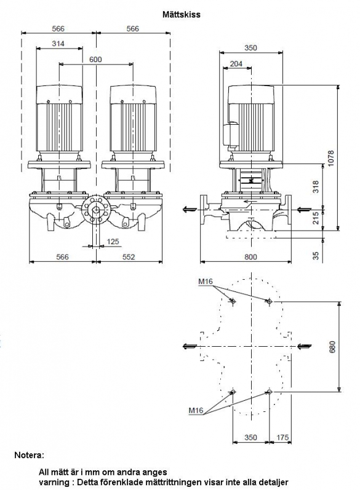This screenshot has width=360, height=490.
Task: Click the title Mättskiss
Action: [181, 14]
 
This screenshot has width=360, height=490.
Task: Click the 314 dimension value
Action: [58, 44]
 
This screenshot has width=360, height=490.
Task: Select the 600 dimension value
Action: [95, 60]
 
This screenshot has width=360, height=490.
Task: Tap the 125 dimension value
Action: [113, 241]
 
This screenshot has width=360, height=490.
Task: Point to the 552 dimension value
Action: [129, 256]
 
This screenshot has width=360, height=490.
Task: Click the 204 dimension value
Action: [236, 63]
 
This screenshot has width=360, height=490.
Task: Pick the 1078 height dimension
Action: [331, 159]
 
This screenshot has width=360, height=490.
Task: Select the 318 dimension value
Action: [316, 187]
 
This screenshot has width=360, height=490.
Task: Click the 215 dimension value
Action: [316, 218]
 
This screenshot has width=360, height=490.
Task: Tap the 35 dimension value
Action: [316, 256]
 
